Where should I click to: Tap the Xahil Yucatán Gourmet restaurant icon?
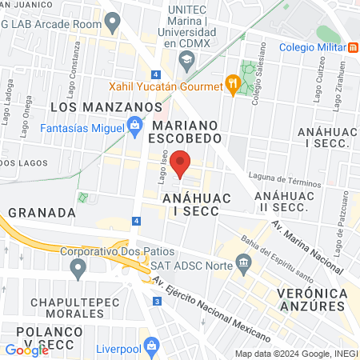click(233, 83)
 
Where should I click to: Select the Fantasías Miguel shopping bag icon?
click(134, 126)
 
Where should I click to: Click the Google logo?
click(26, 350)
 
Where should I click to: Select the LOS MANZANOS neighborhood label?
click(106, 106)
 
